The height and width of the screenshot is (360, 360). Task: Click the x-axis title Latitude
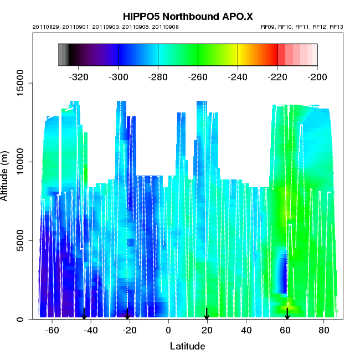pyautogui.click(x=187, y=347)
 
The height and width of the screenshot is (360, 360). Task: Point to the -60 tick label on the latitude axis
pyautogui.click(x=52, y=330)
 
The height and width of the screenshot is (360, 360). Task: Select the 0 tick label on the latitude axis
pyautogui.click(x=168, y=330)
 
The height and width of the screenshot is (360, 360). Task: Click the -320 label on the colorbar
pyautogui.click(x=79, y=76)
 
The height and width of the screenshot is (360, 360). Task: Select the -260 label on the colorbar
pyautogui.click(x=198, y=76)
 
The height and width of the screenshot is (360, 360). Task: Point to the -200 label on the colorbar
pyautogui.click(x=317, y=76)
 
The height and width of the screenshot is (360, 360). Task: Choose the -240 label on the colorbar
pyautogui.click(x=238, y=76)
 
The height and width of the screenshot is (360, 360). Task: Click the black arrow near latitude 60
pyautogui.click(x=287, y=314)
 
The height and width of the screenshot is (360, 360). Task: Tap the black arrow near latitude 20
pyautogui.click(x=207, y=314)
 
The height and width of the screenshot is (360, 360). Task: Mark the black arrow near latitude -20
pyautogui.click(x=127, y=314)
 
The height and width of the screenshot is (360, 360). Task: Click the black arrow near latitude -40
pyautogui.click(x=84, y=314)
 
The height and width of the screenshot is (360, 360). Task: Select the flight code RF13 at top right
pyautogui.click(x=337, y=27)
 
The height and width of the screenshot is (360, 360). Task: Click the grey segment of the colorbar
pyautogui.click(x=63, y=54)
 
